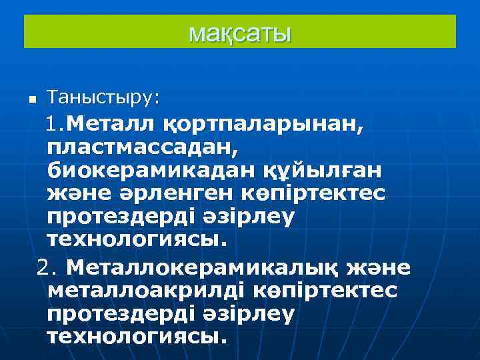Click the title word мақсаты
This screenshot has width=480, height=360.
240,32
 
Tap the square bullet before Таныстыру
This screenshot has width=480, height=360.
31,100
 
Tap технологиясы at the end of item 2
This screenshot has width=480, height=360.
135,336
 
